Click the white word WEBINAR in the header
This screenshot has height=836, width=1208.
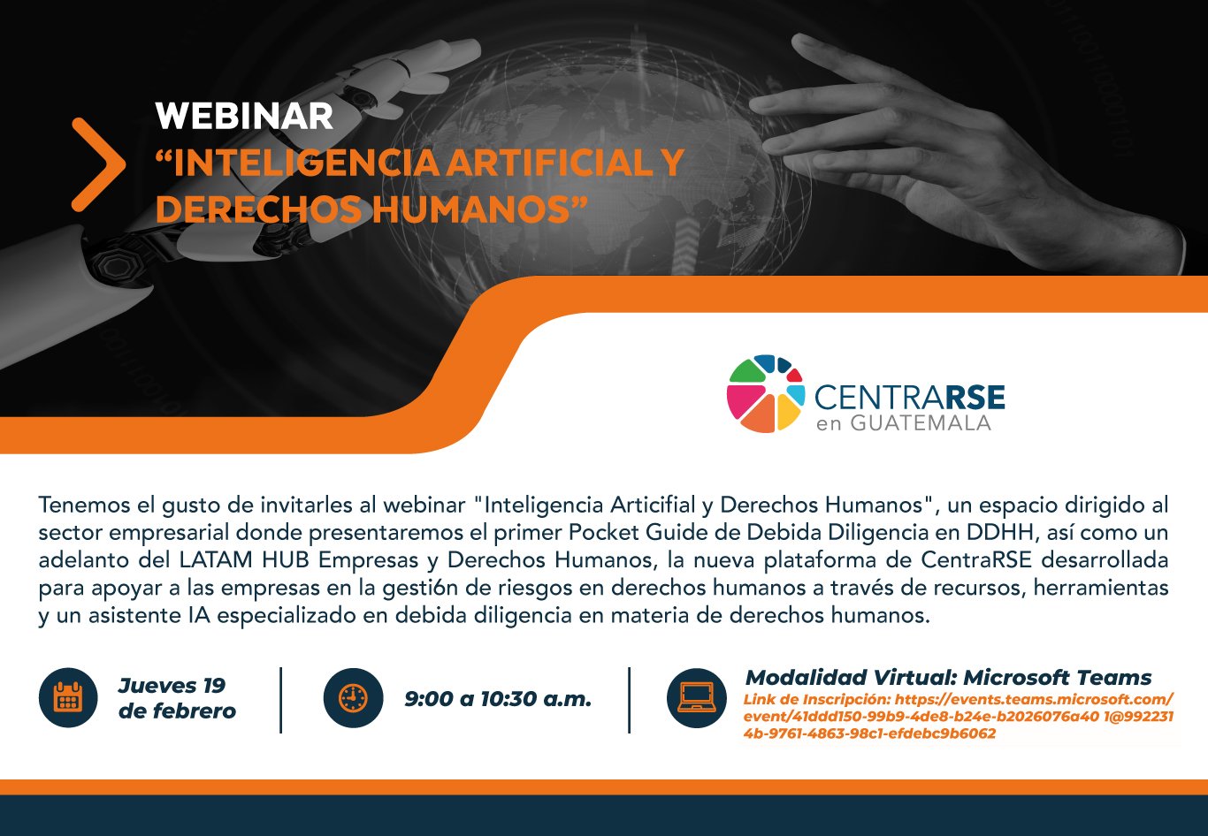tap(244, 116)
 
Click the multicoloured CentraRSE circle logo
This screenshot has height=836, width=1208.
tap(766, 393)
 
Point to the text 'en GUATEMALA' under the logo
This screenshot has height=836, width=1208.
tap(904, 423)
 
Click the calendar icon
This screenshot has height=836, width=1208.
tap(68, 697)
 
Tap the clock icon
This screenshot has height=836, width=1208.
tap(353, 698)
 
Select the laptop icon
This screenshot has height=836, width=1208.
tap(697, 698)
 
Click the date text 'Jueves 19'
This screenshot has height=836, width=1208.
tap(172, 685)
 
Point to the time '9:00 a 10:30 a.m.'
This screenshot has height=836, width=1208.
tap(498, 699)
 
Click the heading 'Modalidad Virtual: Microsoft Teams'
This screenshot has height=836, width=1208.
tap(948, 677)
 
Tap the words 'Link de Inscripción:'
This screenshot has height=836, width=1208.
tap(817, 700)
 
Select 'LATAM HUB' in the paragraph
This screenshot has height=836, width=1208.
tap(244, 559)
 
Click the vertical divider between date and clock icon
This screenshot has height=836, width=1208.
tap(281, 700)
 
